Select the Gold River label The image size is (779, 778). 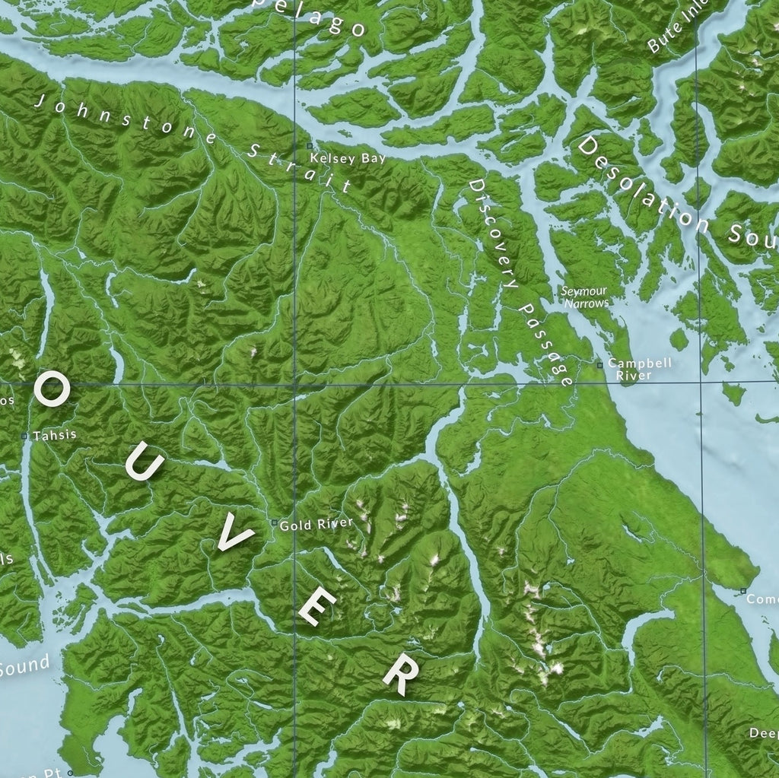[x=316, y=524]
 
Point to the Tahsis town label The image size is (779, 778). [x=54, y=435]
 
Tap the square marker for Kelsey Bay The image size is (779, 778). [x=309, y=145]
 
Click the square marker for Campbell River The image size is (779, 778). [x=599, y=365]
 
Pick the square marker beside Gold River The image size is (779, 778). [x=274, y=522]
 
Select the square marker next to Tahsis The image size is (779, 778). [x=24, y=437]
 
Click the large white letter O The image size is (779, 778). [x=52, y=390]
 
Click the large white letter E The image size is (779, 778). [x=316, y=608]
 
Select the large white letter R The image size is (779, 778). [x=400, y=673]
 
